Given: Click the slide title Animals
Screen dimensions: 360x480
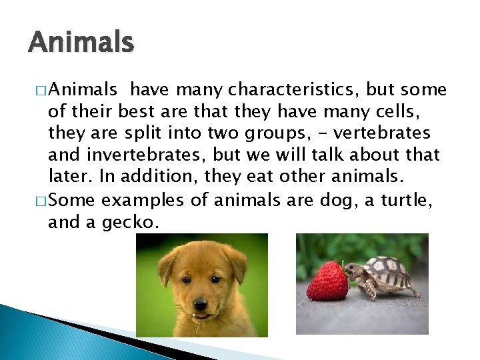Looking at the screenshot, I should coord(81,43).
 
